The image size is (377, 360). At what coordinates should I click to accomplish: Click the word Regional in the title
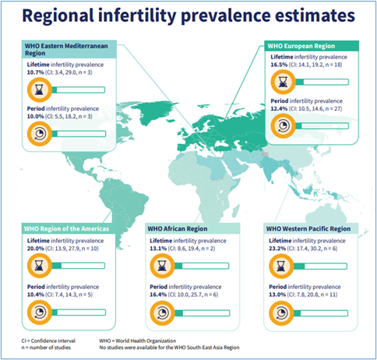point(58,16)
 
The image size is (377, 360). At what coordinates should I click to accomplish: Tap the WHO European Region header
point(301,46)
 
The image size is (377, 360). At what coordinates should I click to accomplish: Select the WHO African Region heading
point(178,229)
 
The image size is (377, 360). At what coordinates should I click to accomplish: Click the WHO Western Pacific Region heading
point(308,229)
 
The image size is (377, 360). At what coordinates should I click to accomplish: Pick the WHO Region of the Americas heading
point(66,229)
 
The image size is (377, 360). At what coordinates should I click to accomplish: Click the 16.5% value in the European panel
point(279,65)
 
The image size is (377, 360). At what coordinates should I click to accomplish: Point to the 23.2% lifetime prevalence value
point(277,249)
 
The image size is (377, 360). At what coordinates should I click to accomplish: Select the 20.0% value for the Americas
point(36,249)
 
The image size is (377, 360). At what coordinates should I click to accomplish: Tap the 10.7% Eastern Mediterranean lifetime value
point(35,72)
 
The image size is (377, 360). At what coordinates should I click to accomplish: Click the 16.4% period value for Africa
point(158,295)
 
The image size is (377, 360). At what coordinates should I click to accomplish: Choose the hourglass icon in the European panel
point(283,82)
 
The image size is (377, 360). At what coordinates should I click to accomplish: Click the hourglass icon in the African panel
point(162,266)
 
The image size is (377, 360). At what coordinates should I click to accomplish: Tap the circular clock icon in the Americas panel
point(40,312)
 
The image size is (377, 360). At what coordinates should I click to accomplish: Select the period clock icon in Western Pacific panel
point(281,313)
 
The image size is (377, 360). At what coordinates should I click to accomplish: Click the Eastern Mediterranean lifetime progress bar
point(78,90)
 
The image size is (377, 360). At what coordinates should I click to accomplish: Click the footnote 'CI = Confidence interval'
point(48,341)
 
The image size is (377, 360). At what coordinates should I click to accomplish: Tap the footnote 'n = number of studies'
point(46,348)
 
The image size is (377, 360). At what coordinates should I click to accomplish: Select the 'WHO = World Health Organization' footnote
point(138,341)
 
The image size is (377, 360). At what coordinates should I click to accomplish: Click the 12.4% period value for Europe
point(279,108)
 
